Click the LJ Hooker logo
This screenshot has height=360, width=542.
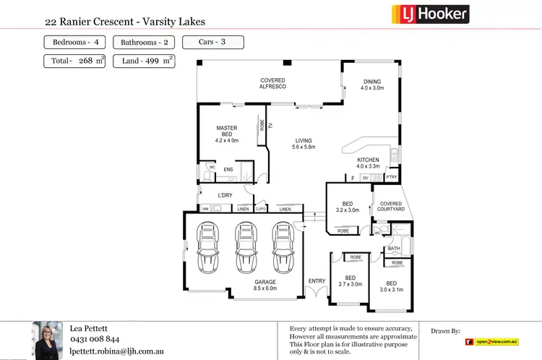pyautogui.click(x=430, y=13)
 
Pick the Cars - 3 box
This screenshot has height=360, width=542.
pyautogui.click(x=212, y=42)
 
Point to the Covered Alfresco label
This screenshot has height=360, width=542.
pyautogui.click(x=273, y=83)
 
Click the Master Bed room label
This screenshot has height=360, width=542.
pyautogui.click(x=226, y=134)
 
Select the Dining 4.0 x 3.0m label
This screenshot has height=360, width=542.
pyautogui.click(x=372, y=85)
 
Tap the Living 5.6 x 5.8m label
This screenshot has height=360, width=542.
pyautogui.click(x=304, y=143)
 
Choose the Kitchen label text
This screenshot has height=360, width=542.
pyautogui.click(x=368, y=159)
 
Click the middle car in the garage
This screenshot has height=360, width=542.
pyautogui.click(x=244, y=247)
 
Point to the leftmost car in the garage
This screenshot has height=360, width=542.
pyautogui.click(x=208, y=247)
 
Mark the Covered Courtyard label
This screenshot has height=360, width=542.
pyautogui.click(x=391, y=207)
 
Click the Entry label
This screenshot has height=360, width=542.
pyautogui.click(x=317, y=280)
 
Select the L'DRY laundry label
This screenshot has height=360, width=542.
pyautogui.click(x=225, y=195)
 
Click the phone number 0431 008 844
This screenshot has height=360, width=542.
pyautogui.click(x=94, y=338)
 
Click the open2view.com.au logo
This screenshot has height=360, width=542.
pyautogui.click(x=493, y=341)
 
